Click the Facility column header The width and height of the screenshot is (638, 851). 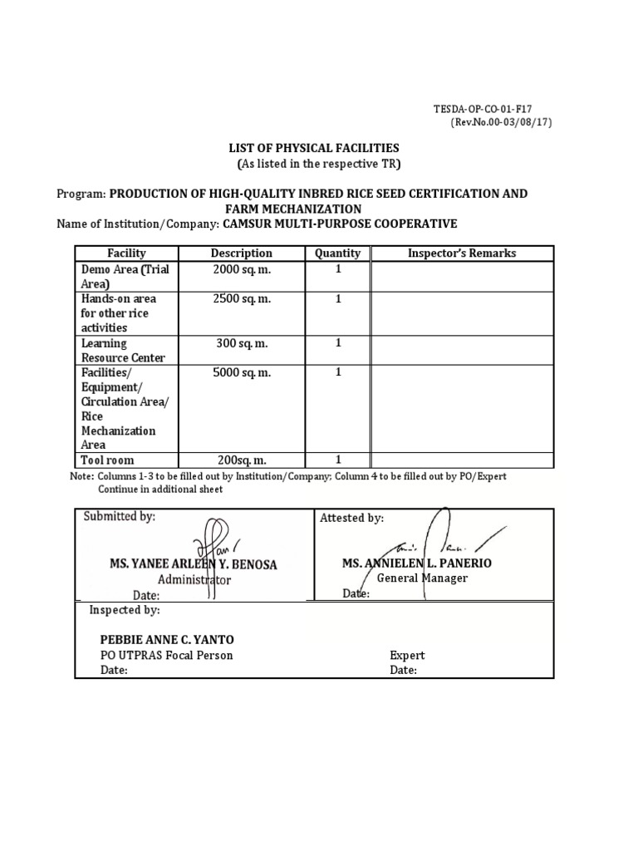click(126, 253)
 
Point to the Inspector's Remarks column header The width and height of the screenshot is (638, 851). click(461, 253)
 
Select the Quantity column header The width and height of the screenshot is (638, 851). click(338, 253)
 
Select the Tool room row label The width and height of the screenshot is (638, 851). click(107, 460)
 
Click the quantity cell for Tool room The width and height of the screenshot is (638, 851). click(338, 460)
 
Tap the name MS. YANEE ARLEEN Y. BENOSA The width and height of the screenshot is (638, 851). click(194, 564)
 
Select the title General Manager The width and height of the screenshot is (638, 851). click(422, 578)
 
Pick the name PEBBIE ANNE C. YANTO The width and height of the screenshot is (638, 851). click(167, 639)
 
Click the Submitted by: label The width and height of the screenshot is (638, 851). click(119, 516)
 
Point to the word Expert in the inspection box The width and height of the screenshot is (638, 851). click(407, 655)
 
